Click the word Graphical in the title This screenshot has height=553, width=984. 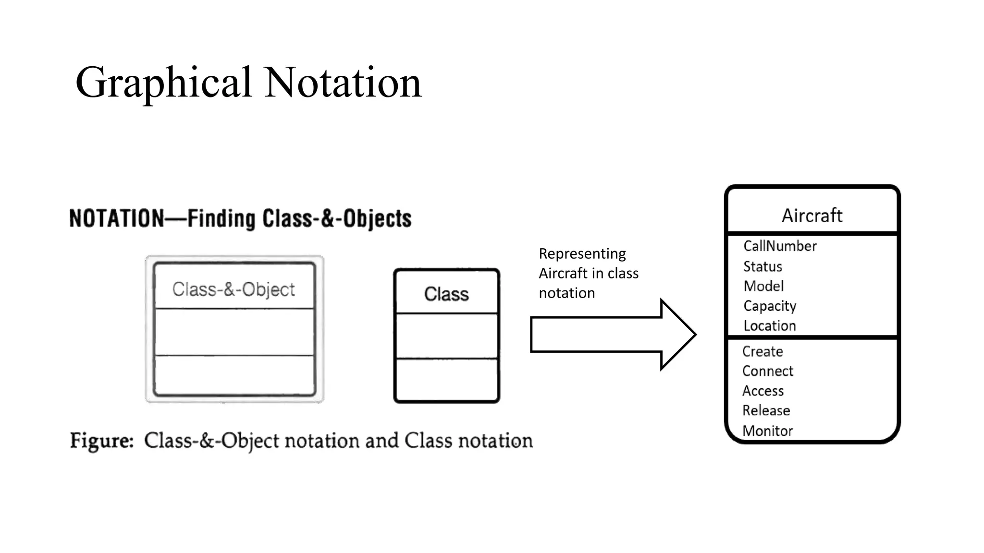click(163, 83)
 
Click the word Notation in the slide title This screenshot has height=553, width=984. click(343, 83)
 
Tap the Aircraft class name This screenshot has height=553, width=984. click(812, 216)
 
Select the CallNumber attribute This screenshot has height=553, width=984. click(780, 246)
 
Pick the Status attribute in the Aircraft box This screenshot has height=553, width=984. click(763, 266)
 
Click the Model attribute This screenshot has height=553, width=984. click(763, 286)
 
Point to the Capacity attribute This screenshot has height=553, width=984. click(770, 306)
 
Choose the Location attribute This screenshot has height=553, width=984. click(770, 326)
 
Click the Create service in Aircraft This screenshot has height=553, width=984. click(763, 351)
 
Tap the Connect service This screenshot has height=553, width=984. click(767, 371)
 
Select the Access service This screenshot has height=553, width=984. click(763, 391)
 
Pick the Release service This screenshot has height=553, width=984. click(766, 410)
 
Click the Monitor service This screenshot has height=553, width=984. click(767, 431)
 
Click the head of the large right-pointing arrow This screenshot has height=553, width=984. click(677, 335)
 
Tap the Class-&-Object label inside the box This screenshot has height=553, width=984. click(234, 289)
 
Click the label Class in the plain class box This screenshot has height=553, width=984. click(446, 294)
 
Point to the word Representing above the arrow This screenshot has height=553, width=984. click(582, 253)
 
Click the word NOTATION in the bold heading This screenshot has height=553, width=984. click(117, 218)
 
